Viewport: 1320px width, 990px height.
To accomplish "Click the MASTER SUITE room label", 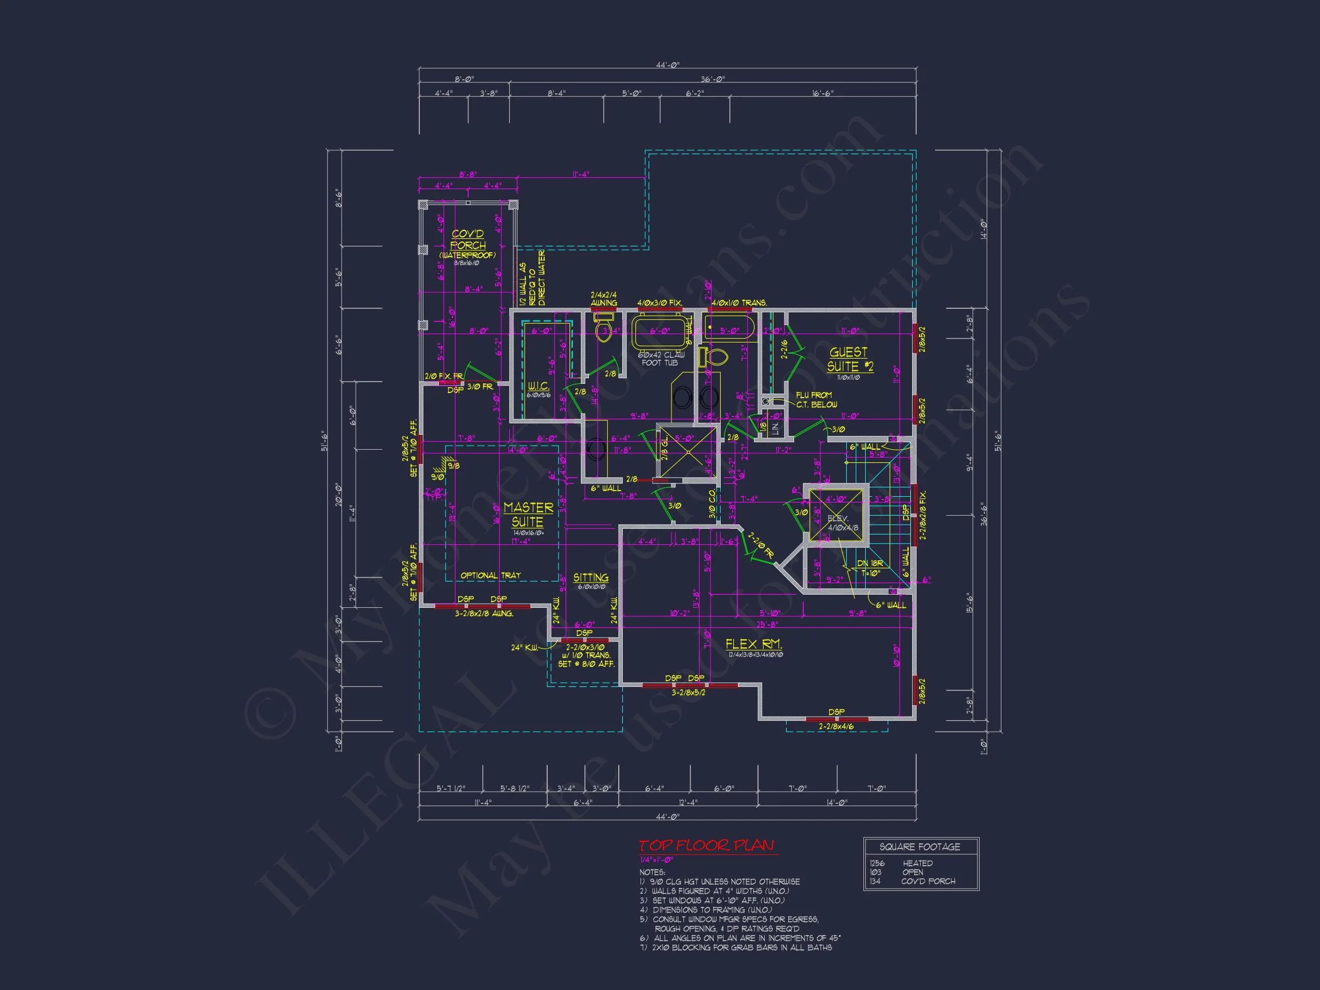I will point(528,514).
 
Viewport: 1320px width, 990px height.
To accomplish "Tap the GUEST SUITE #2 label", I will point(850,359).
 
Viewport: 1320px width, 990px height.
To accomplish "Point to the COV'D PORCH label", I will point(468,240).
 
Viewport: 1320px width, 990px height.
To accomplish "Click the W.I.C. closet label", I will point(539,386).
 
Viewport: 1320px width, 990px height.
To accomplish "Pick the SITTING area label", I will point(591,577).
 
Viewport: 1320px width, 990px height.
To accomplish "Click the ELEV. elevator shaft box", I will point(836,517).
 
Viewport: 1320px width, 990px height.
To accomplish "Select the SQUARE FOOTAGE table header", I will point(920,847).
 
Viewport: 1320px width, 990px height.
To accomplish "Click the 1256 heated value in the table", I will point(877,863).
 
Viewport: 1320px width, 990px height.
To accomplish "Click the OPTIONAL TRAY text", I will point(490,575).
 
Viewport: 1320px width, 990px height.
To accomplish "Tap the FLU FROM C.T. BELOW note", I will point(816,400).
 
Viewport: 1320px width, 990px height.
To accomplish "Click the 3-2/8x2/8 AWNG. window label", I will point(484,613).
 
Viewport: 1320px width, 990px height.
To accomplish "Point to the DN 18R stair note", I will point(870,563).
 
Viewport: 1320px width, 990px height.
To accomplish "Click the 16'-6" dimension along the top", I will point(823,93).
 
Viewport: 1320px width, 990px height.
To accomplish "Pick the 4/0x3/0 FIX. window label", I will point(659,302).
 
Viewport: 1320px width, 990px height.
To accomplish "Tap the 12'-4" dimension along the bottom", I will point(688,803).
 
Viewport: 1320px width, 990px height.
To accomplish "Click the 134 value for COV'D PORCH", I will point(875,881).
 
